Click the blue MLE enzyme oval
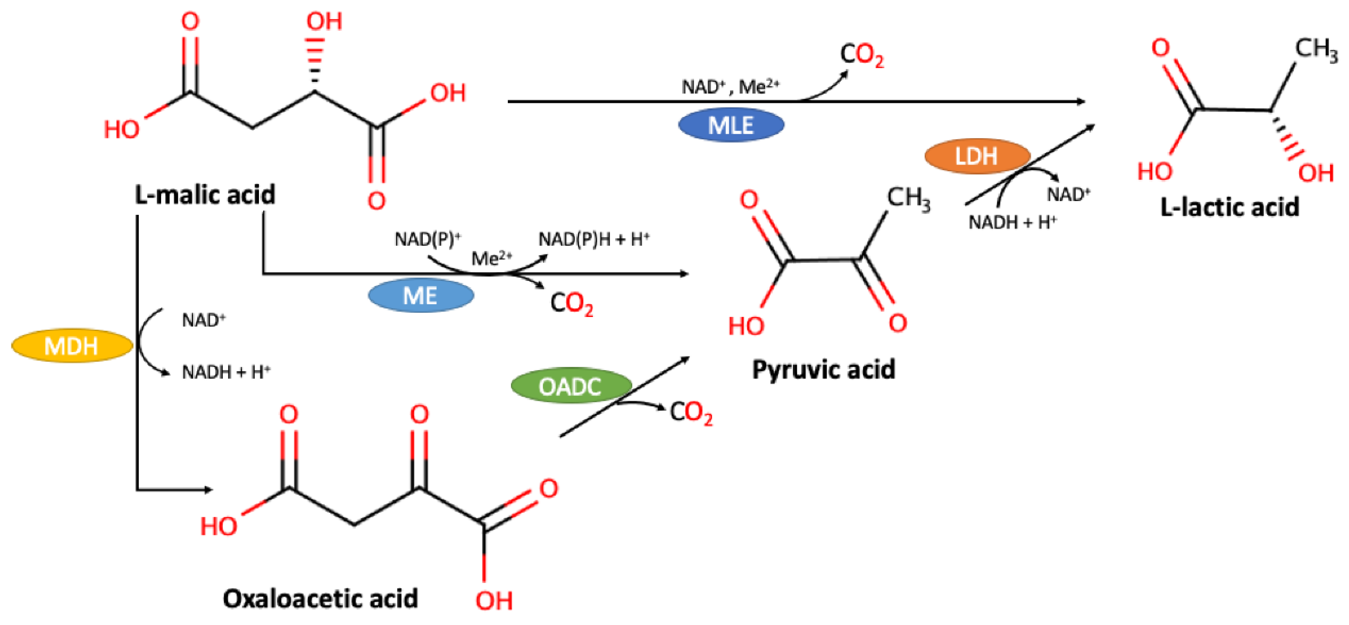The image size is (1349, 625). click(x=731, y=125)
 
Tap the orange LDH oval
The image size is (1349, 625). click(x=977, y=156)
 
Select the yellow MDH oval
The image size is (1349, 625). click(x=72, y=345)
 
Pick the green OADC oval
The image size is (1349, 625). click(x=570, y=386)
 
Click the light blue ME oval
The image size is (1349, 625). click(x=420, y=296)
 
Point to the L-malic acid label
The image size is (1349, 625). click(x=205, y=195)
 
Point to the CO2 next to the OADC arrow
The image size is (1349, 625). click(x=691, y=413)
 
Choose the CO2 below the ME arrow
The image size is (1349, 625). click(x=572, y=304)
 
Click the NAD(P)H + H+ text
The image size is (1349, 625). click(x=594, y=239)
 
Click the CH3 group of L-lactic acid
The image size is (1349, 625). click(x=1316, y=49)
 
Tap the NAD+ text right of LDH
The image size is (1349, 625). click(x=1068, y=194)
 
